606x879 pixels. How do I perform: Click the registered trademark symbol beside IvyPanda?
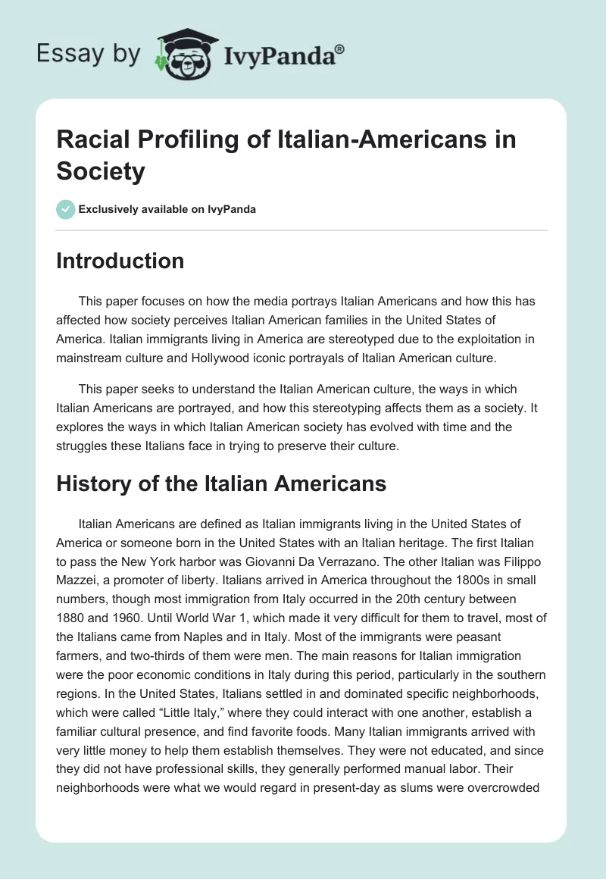point(340,49)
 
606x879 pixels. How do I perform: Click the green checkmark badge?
point(65,209)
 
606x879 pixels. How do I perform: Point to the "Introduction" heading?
point(120,261)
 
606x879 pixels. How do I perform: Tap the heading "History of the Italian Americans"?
point(221,483)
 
